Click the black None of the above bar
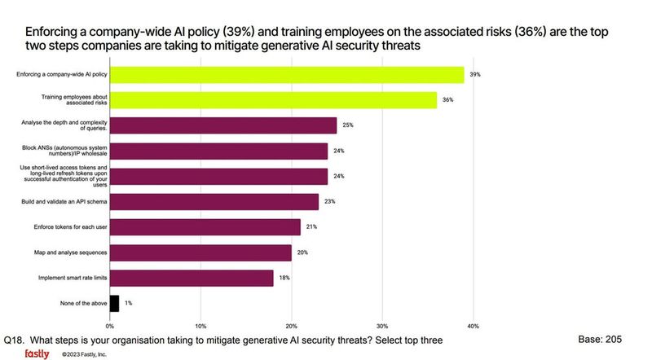[114, 303]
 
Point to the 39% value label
[474, 75]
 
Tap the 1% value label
[128, 304]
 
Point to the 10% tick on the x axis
[200, 326]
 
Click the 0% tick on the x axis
[110, 326]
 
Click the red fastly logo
[37, 353]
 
